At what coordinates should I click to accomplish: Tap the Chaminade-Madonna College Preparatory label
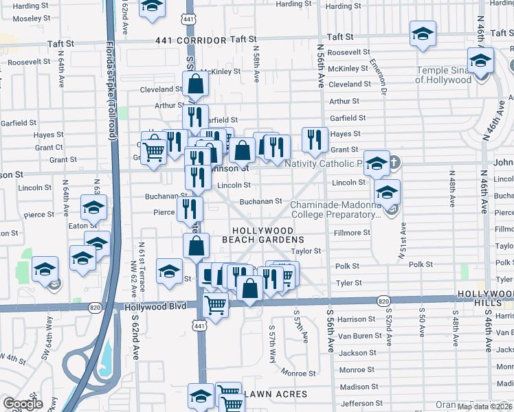point(335,209)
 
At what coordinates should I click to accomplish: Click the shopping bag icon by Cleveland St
point(196,85)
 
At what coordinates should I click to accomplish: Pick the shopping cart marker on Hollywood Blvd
point(216,304)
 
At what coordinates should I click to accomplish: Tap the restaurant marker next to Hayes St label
point(315,139)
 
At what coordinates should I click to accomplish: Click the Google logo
point(23,404)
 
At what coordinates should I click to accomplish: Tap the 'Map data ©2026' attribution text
point(484,407)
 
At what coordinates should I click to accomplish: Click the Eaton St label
point(82,225)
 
